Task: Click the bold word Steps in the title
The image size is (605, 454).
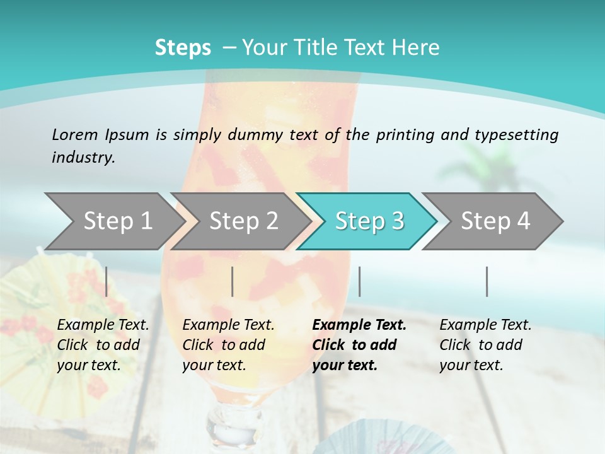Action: coord(183,48)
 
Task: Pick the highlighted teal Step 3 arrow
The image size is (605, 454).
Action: coord(369,221)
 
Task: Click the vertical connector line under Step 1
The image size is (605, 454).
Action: coord(107,281)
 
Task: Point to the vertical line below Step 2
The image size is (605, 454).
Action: coord(233,281)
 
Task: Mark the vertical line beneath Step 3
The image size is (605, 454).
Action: coord(359,281)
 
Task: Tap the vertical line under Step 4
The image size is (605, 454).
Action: coord(487,281)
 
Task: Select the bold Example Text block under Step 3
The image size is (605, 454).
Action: coord(359,345)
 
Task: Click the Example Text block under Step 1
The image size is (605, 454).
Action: coord(103,345)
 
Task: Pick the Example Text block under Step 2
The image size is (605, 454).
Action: coord(228,345)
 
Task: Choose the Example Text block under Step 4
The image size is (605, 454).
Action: coord(485,345)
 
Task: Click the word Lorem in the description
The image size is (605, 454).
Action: coord(75,134)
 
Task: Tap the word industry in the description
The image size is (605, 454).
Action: coord(83,158)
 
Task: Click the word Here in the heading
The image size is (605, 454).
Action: coord(418,48)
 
